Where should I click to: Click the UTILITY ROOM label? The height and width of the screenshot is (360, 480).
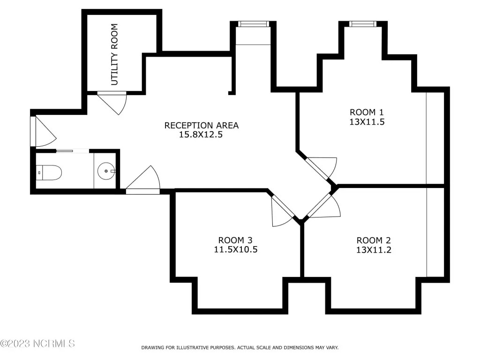(114, 54)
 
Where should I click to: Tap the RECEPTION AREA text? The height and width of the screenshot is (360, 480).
(202, 126)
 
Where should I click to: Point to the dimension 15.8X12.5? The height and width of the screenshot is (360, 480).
(201, 135)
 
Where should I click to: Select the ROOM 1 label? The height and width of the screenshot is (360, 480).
(367, 112)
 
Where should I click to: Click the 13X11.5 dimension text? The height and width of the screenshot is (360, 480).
(367, 122)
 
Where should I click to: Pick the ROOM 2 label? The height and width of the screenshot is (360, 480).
(374, 240)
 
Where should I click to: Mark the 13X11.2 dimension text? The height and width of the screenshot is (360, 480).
(374, 250)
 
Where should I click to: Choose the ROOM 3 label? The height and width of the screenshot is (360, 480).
(235, 240)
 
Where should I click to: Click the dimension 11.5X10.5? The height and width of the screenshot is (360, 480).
(236, 249)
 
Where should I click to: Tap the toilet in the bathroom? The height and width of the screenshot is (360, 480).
(49, 172)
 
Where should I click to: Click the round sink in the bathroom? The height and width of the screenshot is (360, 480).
(106, 171)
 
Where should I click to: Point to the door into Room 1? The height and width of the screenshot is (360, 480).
(322, 168)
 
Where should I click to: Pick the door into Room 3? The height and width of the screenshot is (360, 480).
(282, 211)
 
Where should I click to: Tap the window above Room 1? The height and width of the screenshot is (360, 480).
(363, 24)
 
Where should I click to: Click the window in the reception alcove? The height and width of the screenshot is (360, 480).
(254, 24)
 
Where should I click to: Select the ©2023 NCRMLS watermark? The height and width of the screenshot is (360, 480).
(37, 344)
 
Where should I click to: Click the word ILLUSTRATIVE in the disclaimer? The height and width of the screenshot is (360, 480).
(189, 348)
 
